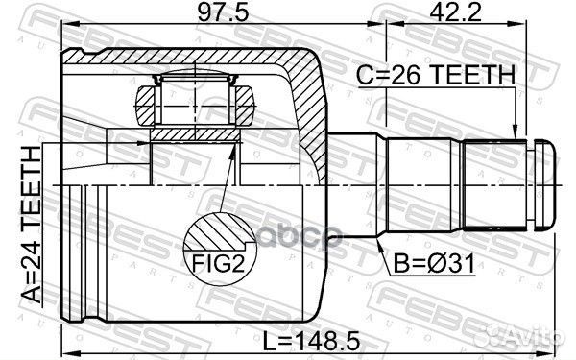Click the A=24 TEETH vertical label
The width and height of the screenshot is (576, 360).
point(33,223)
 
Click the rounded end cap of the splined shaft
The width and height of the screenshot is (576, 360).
point(544,184)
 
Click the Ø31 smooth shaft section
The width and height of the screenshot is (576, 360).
point(422,184)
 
